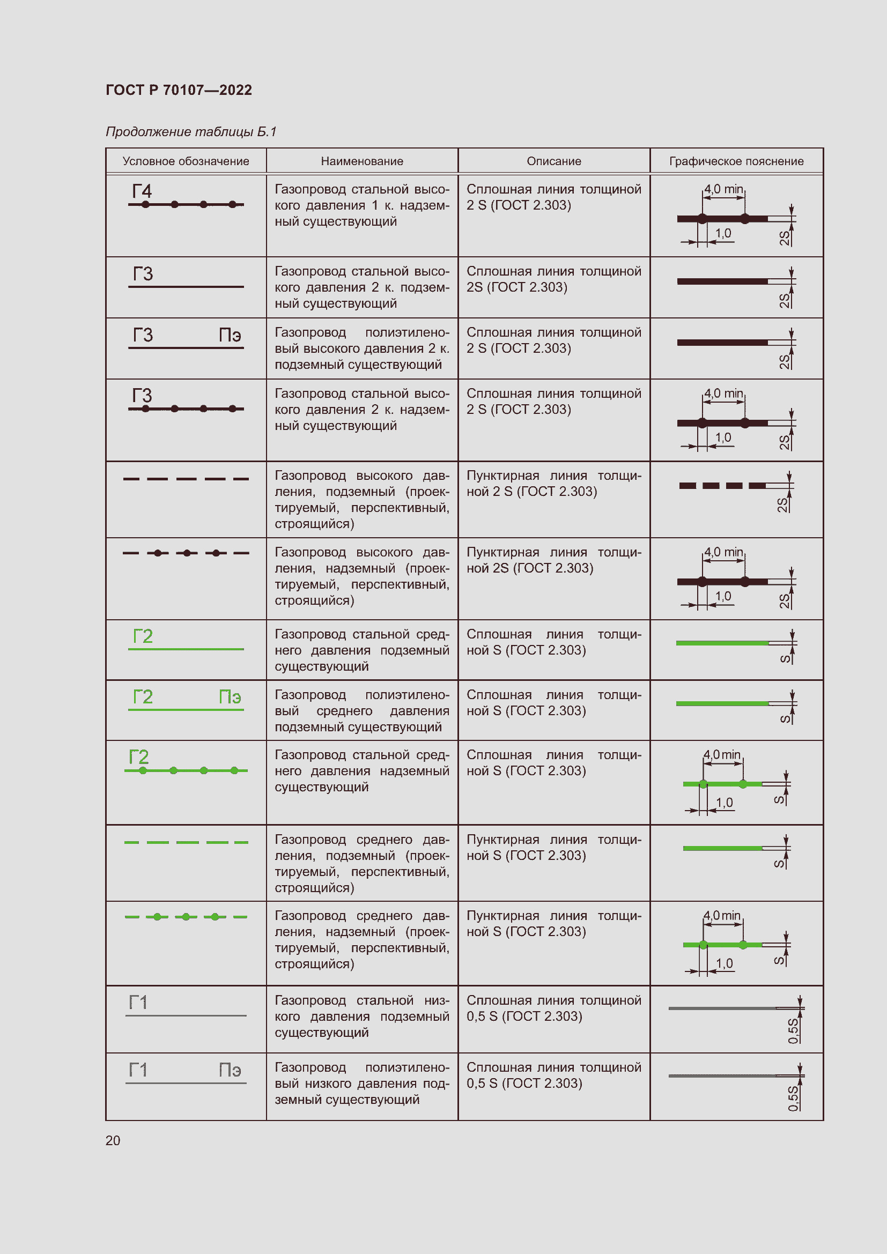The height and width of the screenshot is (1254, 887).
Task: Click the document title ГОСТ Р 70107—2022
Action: (179, 90)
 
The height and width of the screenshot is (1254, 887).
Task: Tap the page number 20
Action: (113, 1140)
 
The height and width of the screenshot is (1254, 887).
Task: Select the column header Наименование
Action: (362, 161)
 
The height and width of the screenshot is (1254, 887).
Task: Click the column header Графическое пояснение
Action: (736, 161)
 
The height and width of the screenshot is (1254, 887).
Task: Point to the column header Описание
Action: (554, 161)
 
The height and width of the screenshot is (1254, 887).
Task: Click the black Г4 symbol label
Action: (142, 191)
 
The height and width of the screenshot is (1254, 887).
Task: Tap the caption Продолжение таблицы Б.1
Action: (191, 132)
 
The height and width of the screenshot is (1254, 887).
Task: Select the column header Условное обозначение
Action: (186, 161)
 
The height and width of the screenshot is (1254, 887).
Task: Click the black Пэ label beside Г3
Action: (230, 335)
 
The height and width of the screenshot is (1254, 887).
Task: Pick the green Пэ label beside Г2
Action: (230, 696)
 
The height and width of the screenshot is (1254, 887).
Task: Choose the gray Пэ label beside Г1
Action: (230, 1070)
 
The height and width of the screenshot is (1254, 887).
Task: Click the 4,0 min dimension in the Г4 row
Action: (723, 189)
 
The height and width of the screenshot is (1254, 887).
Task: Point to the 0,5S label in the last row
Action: (793, 1098)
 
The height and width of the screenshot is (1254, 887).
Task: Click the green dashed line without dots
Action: (186, 842)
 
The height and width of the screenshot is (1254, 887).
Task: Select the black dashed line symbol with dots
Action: (186, 553)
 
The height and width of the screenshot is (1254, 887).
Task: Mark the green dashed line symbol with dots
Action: (186, 916)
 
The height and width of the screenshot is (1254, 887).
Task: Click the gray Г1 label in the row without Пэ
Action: (138, 1002)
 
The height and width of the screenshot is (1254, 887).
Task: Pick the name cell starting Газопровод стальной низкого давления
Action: (361, 1016)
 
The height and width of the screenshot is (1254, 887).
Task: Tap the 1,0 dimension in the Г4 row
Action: (723, 233)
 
